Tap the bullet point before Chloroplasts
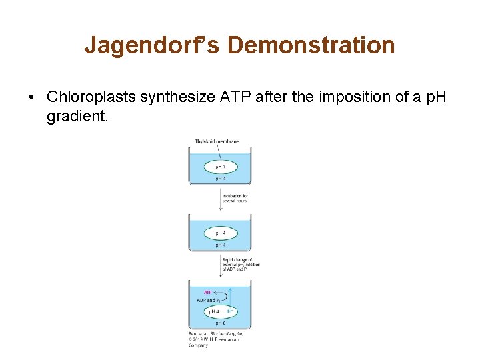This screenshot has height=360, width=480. [31, 97]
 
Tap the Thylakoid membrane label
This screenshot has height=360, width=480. [217, 141]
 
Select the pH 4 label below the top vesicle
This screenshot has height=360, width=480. [220, 179]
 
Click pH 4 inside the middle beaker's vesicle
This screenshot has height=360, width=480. [219, 233]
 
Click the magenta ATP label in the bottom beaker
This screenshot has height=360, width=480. [209, 292]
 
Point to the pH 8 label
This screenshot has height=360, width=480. [220, 323]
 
